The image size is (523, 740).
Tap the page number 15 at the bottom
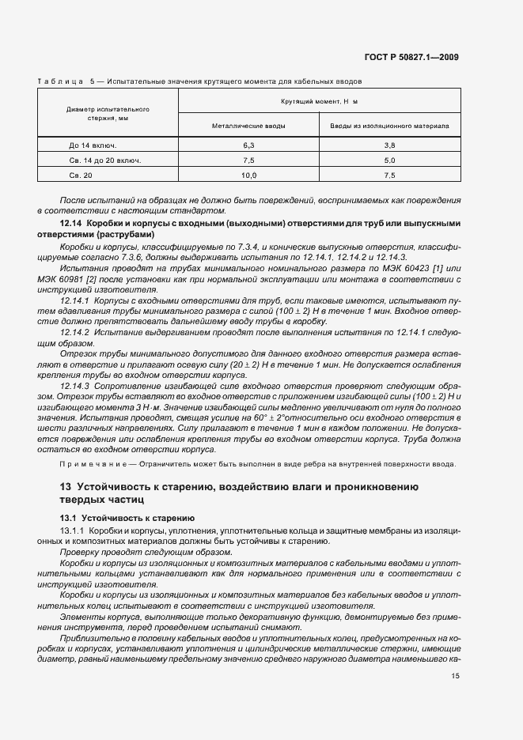click(455, 676)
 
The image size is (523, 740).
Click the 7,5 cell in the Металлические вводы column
click(248, 160)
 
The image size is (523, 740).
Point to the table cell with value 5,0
click(389, 160)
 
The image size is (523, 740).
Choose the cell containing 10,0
click(248, 175)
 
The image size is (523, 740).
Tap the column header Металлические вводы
click(248, 126)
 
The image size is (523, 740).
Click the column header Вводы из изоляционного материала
click(389, 126)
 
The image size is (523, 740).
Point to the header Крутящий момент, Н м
click(319, 102)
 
